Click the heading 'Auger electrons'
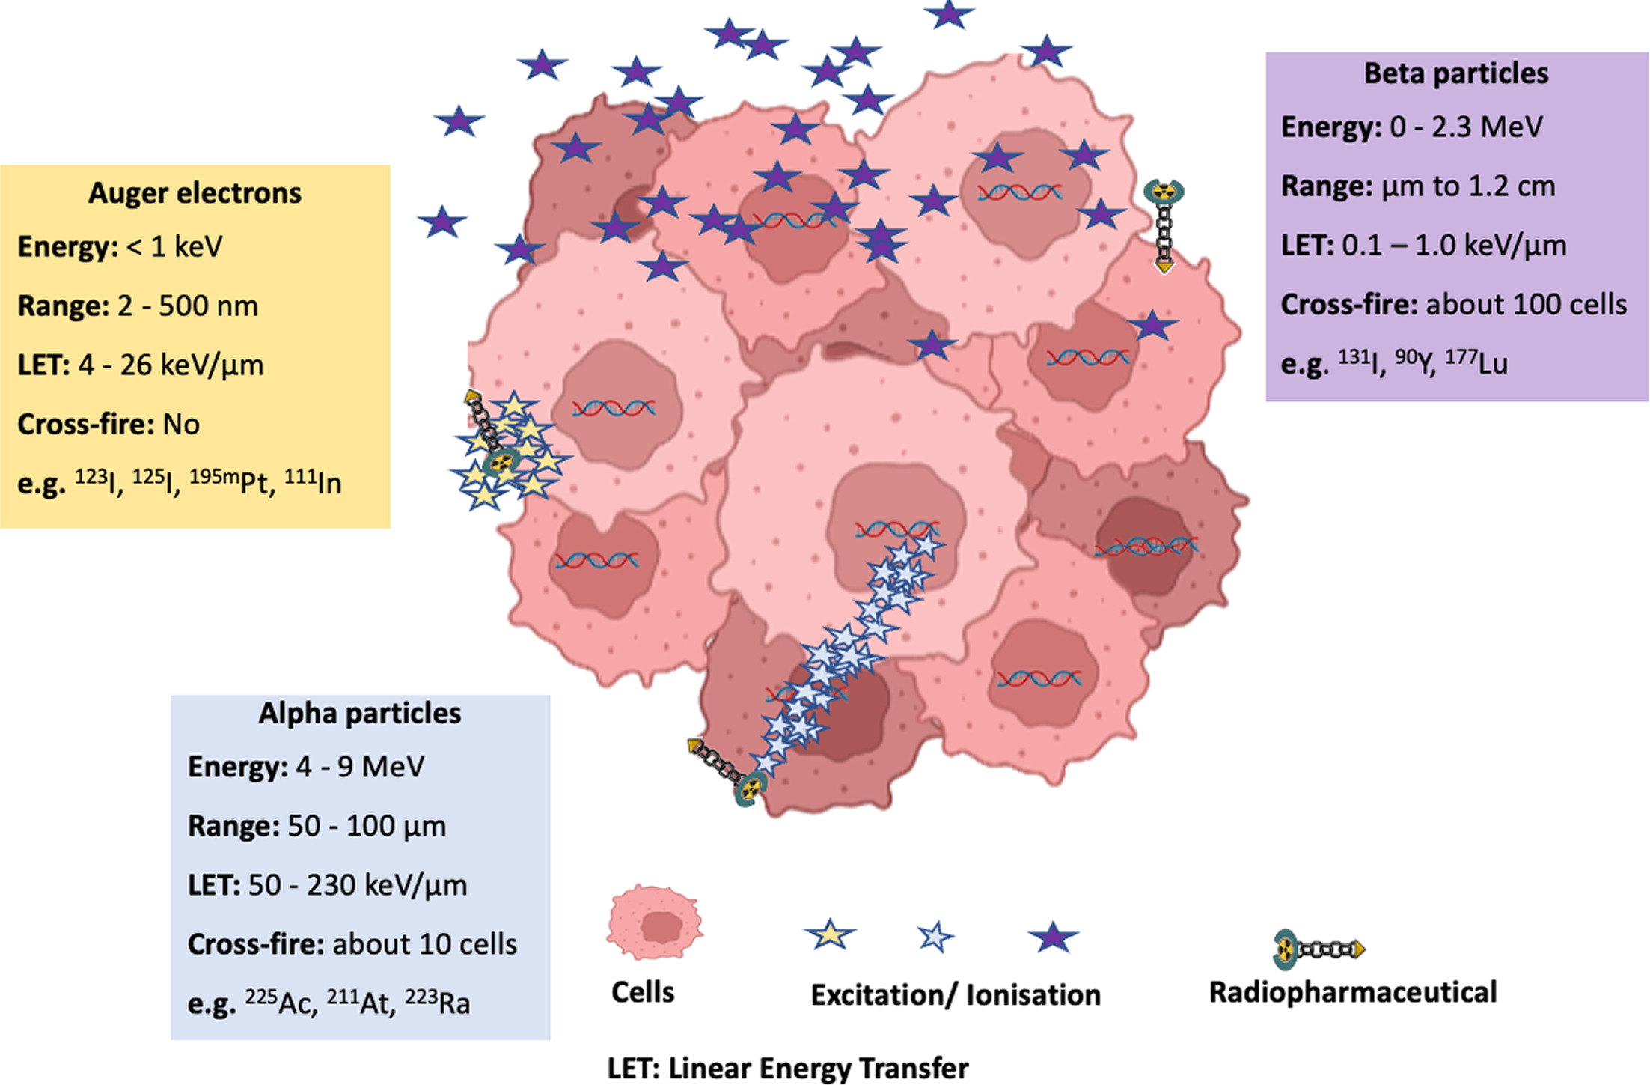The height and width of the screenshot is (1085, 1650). pyautogui.click(x=195, y=193)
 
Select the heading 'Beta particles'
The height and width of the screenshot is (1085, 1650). pyautogui.click(x=1455, y=73)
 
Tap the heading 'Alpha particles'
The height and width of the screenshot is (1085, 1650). pyautogui.click(x=359, y=713)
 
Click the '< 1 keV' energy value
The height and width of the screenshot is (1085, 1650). pyautogui.click(x=174, y=246)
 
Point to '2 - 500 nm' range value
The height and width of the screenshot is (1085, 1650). pyautogui.click(x=187, y=306)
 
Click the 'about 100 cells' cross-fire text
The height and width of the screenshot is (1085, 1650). pyautogui.click(x=1526, y=304)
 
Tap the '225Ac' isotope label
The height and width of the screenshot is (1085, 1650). pyautogui.click(x=281, y=1002)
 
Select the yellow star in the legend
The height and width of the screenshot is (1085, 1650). pyautogui.click(x=830, y=934)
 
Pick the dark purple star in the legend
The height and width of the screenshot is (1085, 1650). pyautogui.click(x=1052, y=937)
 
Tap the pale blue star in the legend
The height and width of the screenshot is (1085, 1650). pyautogui.click(x=935, y=937)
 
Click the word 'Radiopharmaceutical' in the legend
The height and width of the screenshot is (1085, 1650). pyautogui.click(x=1353, y=992)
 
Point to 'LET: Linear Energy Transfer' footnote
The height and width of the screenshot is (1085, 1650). pyautogui.click(x=787, y=1068)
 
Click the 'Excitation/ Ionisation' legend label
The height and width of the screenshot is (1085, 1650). pyautogui.click(x=956, y=994)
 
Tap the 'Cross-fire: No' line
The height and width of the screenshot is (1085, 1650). pyautogui.click(x=109, y=424)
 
